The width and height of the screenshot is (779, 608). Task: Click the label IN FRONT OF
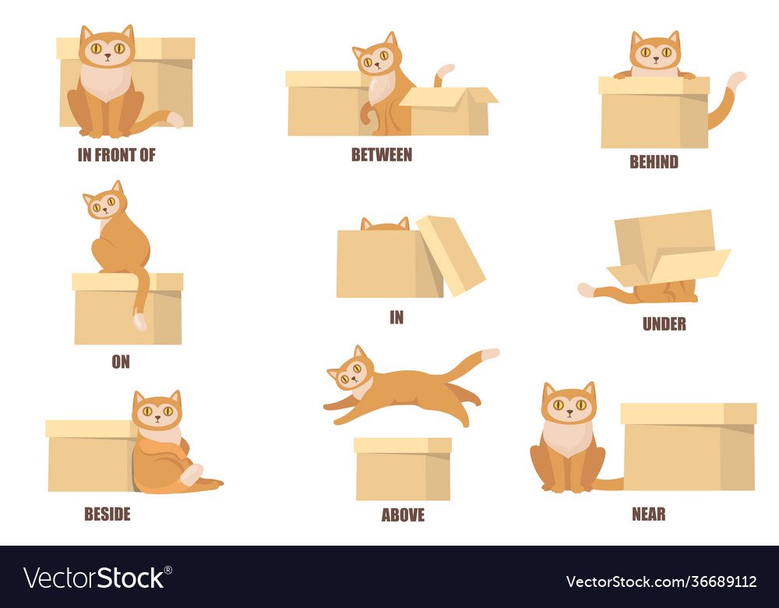pos(116,155)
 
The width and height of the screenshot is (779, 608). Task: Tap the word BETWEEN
pos(382,154)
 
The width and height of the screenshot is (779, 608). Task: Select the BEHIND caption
pos(654,161)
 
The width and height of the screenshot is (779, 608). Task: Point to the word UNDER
pos(664,323)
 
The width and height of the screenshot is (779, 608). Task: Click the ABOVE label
pos(403,514)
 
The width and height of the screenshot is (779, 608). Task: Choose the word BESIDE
pos(108,514)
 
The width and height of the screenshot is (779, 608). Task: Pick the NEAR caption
pos(648,514)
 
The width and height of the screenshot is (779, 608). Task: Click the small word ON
pos(121,362)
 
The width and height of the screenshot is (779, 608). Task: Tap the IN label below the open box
pos(397,317)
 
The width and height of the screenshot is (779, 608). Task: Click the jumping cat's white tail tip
pos(490,353)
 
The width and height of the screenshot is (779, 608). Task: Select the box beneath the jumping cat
pos(403,468)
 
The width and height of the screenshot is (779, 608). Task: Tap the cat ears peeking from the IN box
pos(385,224)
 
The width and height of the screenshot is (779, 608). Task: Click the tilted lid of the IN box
pos(450,255)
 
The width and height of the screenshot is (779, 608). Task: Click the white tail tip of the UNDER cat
pos(587,289)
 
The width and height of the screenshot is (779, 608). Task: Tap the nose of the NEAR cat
pos(569,412)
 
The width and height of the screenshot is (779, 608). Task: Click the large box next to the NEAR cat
pos(689,447)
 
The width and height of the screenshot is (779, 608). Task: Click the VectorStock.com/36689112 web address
pos(661,581)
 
